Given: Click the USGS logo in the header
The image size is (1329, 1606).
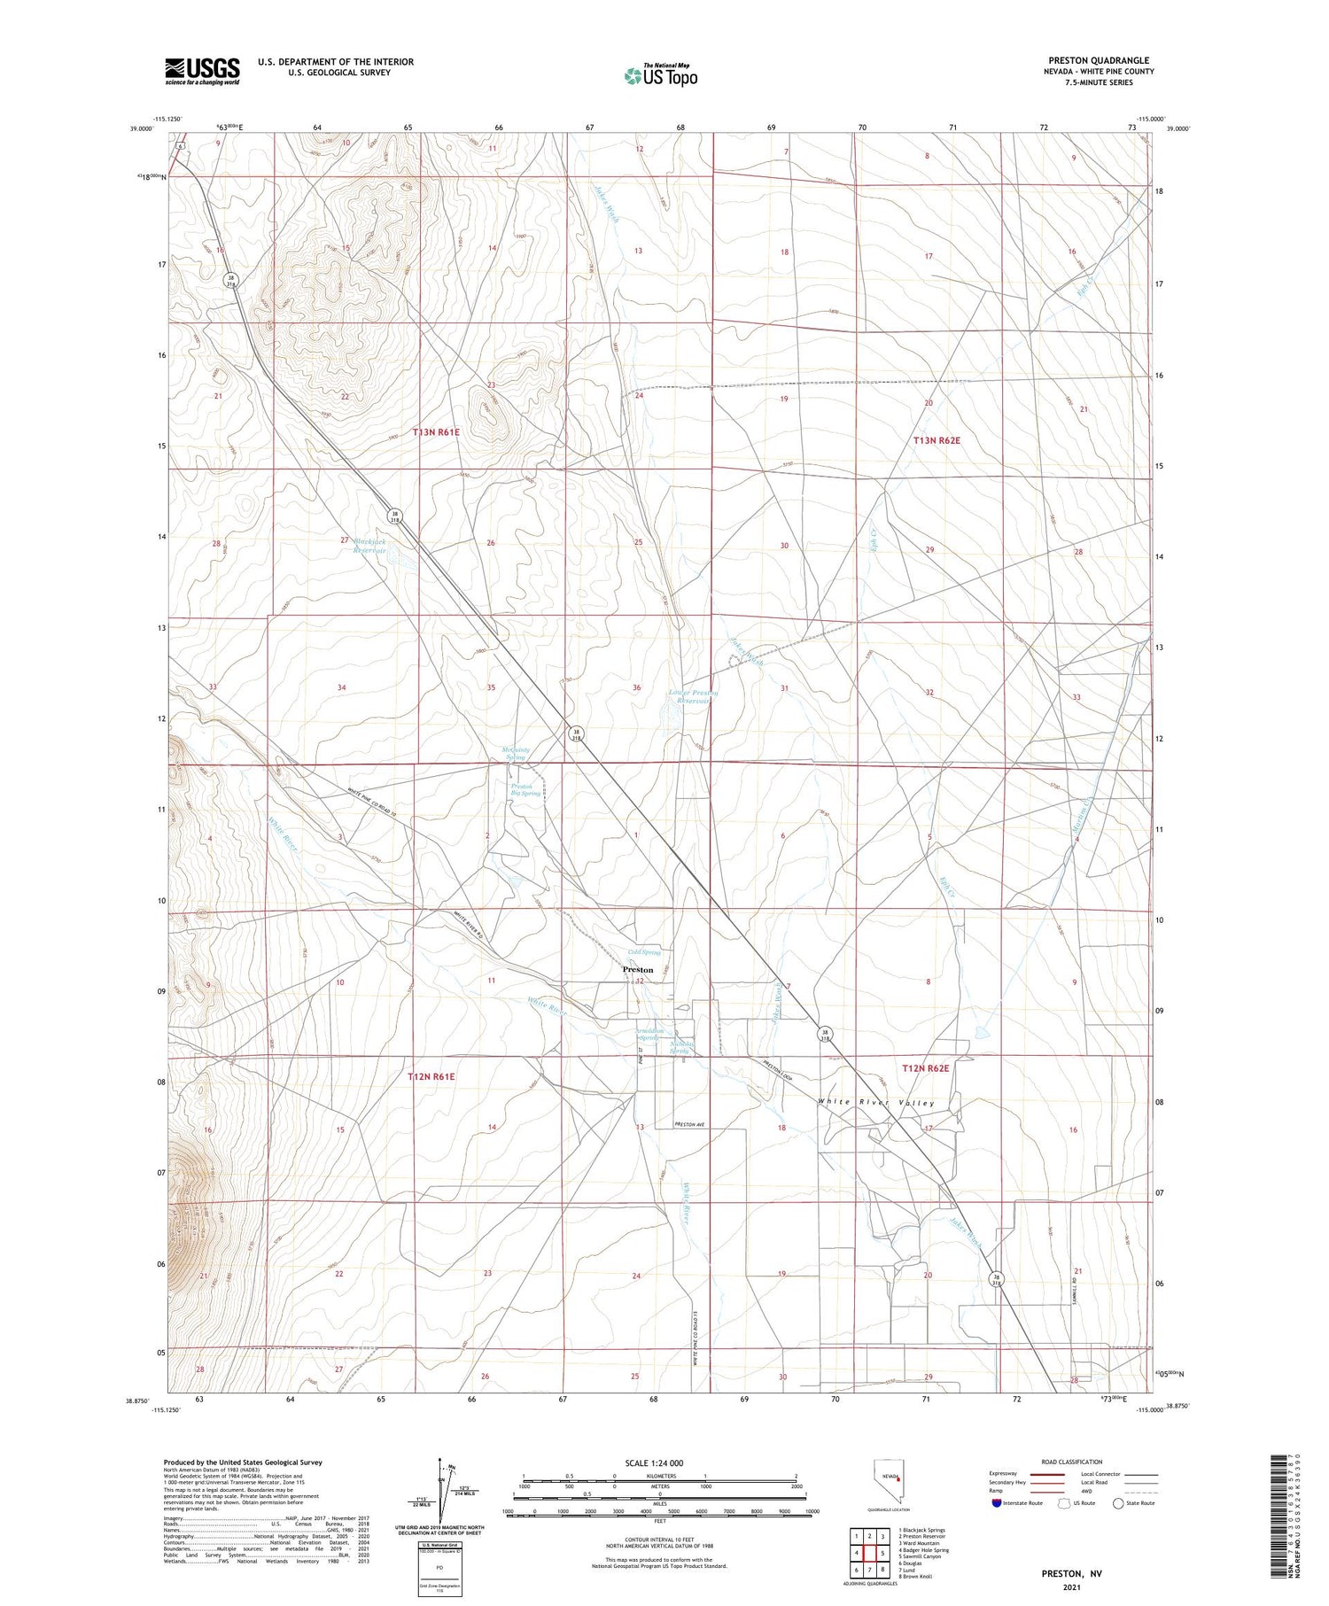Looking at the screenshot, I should (202, 71).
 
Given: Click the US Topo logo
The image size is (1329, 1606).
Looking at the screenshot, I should (660, 75).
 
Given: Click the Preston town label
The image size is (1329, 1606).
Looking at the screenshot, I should (638, 970).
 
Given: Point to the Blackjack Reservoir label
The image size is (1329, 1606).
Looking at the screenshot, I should (370, 545).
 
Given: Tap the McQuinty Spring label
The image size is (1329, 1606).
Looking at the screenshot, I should (516, 753).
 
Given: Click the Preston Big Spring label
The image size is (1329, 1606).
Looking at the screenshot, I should (525, 789).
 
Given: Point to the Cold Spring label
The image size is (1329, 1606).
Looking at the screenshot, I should (644, 952).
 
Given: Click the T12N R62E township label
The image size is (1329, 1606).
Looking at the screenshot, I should (925, 1069).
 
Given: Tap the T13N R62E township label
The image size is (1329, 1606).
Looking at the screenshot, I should (937, 440).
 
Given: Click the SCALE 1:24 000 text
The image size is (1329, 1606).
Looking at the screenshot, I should (654, 1462).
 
